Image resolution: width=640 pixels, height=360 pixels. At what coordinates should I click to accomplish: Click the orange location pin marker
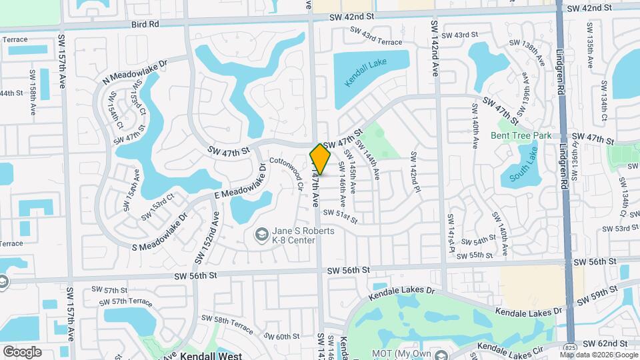[x=320, y=160]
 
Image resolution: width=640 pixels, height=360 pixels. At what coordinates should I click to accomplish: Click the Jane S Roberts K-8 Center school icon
[x=262, y=234]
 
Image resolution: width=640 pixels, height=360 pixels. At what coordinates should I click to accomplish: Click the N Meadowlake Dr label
[x=137, y=71]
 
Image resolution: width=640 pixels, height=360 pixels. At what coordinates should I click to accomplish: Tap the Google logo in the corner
[x=22, y=351]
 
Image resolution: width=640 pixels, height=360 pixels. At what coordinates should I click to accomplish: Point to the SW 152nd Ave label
[x=206, y=237]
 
